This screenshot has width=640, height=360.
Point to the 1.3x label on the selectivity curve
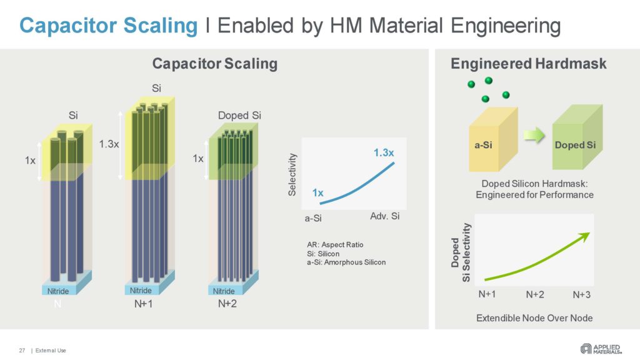pyautogui.click(x=384, y=152)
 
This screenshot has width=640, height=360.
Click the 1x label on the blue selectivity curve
pyautogui.click(x=317, y=192)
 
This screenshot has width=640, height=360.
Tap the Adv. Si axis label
pyautogui.click(x=384, y=216)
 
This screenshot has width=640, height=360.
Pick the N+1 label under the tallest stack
pyautogui.click(x=145, y=304)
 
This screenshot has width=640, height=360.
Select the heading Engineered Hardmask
pyautogui.click(x=528, y=64)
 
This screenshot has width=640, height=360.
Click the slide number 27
pyautogui.click(x=22, y=350)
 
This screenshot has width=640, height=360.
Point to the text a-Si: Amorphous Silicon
pyautogui.click(x=342, y=262)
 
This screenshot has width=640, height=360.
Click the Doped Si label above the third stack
pyautogui.click(x=239, y=116)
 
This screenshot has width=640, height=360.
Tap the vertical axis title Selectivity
pyautogui.click(x=291, y=176)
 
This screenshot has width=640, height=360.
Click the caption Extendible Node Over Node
pyautogui.click(x=534, y=317)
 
